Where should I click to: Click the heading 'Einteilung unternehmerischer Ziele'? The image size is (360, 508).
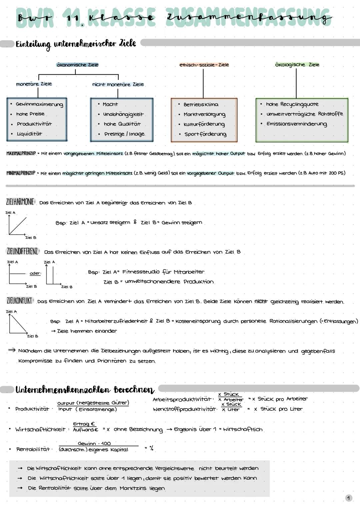(76, 44)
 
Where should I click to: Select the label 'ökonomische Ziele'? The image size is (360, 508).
(78, 65)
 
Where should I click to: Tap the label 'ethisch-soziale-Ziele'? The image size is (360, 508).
(204, 65)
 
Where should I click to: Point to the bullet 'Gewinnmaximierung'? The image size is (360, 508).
(39, 104)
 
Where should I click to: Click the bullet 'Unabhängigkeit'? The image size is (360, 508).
(123, 114)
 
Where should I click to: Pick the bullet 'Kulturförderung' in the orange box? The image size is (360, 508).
(204, 124)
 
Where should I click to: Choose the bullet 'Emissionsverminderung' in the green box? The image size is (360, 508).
(297, 124)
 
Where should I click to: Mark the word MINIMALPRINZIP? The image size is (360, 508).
(21, 173)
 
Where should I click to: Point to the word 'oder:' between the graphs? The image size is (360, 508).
(35, 273)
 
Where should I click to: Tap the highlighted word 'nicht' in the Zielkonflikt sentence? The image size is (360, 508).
(261, 301)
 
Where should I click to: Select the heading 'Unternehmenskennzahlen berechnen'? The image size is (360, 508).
(85, 390)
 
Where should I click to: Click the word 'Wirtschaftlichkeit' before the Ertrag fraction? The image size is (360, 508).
(40, 429)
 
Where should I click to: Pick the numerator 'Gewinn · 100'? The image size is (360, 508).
(94, 443)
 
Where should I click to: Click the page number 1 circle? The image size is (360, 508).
(348, 498)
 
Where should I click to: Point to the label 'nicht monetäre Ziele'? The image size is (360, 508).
(118, 85)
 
